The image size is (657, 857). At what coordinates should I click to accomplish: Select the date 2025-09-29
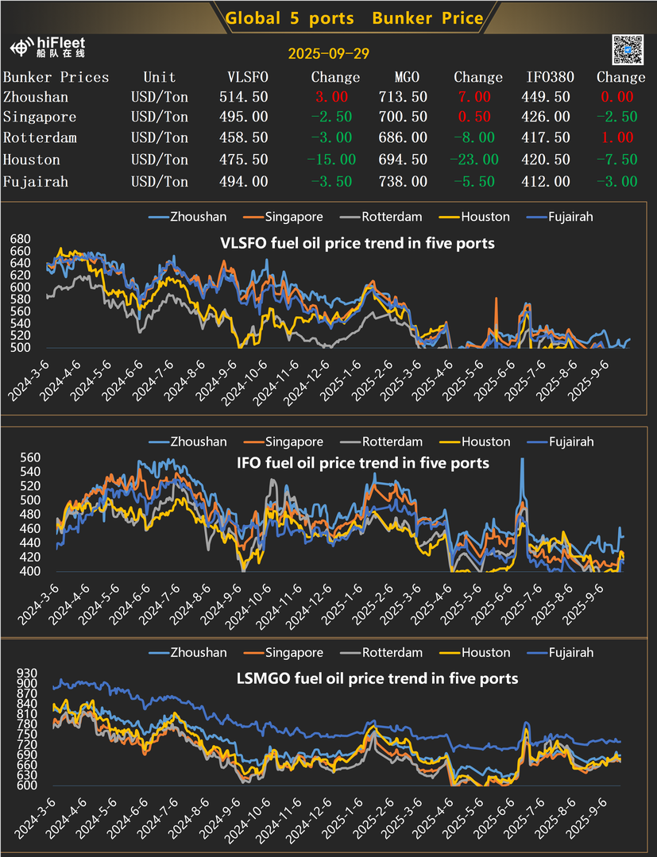(328, 53)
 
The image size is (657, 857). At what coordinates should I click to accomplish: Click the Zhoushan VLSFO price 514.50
(243, 97)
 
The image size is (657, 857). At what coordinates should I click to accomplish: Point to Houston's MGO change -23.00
(474, 160)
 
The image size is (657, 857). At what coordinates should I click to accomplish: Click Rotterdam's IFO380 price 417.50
(548, 138)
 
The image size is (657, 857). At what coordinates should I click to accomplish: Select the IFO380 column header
(548, 77)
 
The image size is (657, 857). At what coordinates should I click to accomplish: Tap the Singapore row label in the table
(40, 118)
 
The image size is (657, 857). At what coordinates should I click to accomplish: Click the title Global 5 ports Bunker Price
(354, 17)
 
